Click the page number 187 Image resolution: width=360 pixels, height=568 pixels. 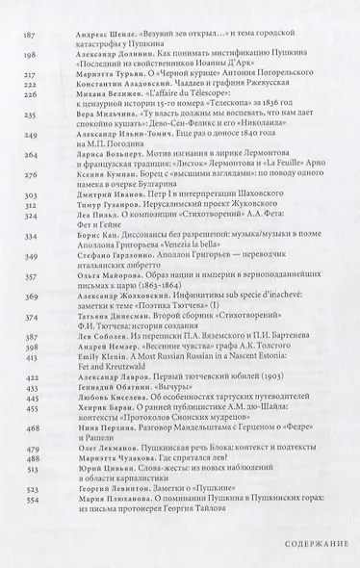[29, 33]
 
